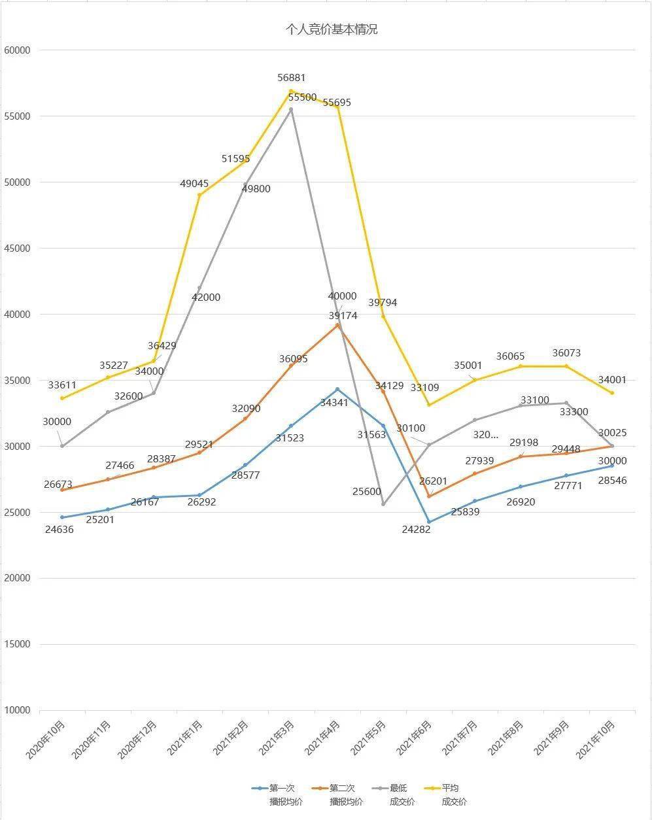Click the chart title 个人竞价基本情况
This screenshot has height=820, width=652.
point(332,29)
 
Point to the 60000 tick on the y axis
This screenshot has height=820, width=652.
point(19,50)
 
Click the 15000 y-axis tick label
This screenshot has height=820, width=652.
point(19,645)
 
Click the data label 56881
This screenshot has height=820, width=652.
point(291,78)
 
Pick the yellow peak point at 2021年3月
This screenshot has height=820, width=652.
point(291,91)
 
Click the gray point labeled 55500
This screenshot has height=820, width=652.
point(291,109)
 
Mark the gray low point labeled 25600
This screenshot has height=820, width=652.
point(383,504)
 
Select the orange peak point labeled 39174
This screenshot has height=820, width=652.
point(337,325)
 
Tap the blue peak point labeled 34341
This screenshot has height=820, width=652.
point(337,389)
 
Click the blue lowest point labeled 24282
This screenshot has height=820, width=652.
point(429,522)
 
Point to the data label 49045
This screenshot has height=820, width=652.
point(194,184)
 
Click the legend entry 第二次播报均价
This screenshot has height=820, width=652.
point(339,794)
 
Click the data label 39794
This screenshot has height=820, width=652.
point(383,303)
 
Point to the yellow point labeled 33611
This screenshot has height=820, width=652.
point(62,398)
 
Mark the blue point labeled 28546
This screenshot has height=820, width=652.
point(613,466)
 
